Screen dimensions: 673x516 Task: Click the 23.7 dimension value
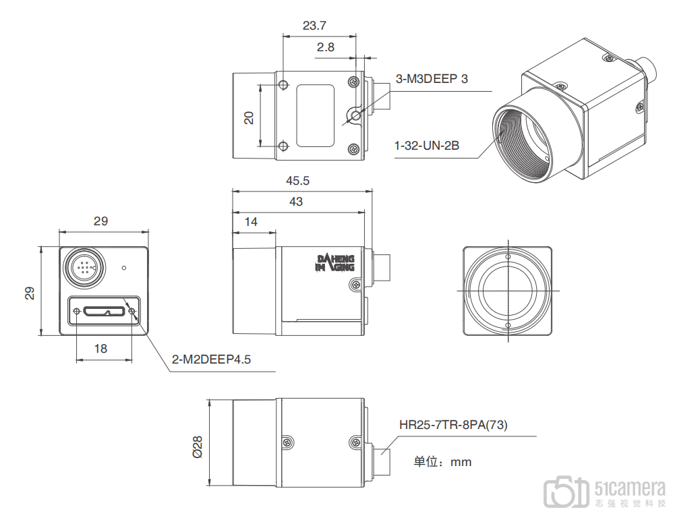click(x=314, y=26)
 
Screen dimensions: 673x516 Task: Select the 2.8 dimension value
click(x=325, y=47)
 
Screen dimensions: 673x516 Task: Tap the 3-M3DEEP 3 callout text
click(x=432, y=79)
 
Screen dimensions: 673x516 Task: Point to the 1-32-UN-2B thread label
click(x=427, y=146)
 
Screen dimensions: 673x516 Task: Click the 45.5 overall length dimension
click(x=297, y=181)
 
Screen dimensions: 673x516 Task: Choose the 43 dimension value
click(x=296, y=202)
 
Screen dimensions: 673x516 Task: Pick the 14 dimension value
click(x=251, y=222)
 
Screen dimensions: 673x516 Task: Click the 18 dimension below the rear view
click(x=100, y=349)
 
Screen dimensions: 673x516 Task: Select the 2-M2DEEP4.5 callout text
click(x=211, y=360)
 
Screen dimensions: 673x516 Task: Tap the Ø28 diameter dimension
click(x=198, y=447)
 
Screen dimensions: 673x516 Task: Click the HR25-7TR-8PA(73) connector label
click(x=453, y=425)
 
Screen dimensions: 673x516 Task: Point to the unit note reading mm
click(x=461, y=462)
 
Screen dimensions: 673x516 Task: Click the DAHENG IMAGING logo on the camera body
click(x=335, y=263)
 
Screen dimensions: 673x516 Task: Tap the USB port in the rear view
click(x=105, y=311)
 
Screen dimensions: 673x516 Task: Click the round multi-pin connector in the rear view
click(x=84, y=268)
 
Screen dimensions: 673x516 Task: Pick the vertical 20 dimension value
click(x=249, y=117)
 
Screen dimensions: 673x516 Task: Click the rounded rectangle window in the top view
click(x=316, y=115)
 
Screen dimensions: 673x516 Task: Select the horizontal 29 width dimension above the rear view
click(x=100, y=221)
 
